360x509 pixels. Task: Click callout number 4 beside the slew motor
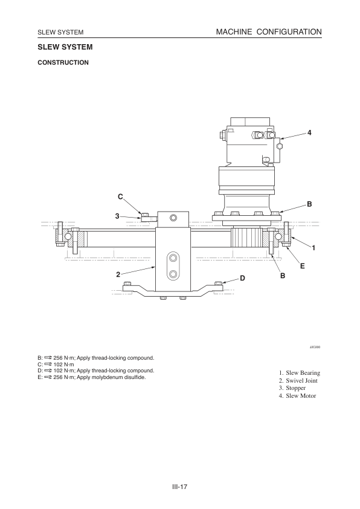coord(309,132)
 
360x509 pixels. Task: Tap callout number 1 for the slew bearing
coord(313,248)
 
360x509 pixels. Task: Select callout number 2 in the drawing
coord(118,274)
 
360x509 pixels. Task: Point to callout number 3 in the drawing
coord(117,216)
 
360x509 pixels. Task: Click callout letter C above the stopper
coord(120,197)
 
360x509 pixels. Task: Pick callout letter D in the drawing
coord(242,278)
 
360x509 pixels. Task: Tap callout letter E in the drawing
coord(302,265)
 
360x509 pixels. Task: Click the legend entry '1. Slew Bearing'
coord(299,373)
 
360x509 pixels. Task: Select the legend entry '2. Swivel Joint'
coord(298,381)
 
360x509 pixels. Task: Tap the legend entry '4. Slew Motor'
coord(297,396)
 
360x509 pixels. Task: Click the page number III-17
coord(180,485)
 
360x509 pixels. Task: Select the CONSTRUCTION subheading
coord(63,62)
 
